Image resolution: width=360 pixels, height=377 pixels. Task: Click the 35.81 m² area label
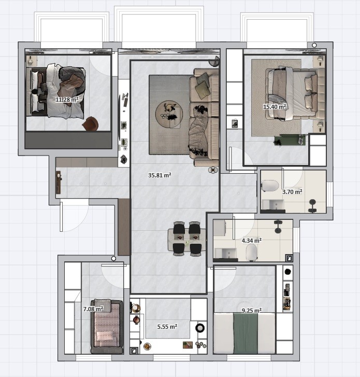click(x=160, y=175)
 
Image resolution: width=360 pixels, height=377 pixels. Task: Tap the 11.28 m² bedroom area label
click(x=67, y=100)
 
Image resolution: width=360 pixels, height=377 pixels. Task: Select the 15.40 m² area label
click(x=275, y=107)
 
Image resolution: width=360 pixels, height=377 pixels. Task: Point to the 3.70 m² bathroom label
click(x=292, y=192)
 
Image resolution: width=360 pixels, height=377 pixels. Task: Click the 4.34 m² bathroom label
click(x=252, y=241)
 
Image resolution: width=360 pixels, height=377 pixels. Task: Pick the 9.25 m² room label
click(x=252, y=311)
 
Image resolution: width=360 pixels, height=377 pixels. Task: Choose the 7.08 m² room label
click(x=93, y=309)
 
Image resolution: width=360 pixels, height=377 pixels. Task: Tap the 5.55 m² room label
click(x=167, y=327)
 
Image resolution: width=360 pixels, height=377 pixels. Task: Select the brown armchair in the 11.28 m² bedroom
click(x=91, y=124)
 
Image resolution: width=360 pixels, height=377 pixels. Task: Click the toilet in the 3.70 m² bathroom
click(x=270, y=186)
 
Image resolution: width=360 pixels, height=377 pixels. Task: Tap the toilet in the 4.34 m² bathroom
click(x=251, y=253)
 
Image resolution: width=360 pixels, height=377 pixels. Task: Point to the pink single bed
click(x=107, y=327)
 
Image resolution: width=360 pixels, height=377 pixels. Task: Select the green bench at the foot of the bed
click(x=290, y=140)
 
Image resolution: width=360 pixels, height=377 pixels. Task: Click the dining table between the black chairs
click(x=187, y=239)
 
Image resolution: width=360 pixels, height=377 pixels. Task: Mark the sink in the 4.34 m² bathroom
click(x=226, y=254)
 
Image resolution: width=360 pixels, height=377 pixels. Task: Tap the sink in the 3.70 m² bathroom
click(x=273, y=205)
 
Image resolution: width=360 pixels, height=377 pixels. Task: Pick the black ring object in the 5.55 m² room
click(x=200, y=328)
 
